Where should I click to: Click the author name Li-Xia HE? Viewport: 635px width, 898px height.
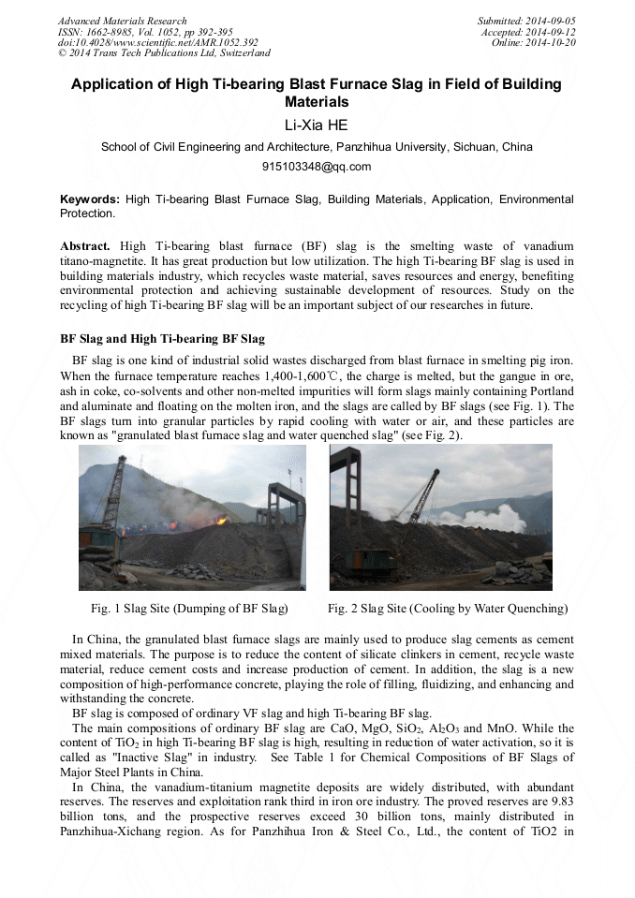coord(317,124)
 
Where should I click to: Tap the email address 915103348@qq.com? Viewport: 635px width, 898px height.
coord(317,167)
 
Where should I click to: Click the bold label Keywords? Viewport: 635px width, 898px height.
coord(90,199)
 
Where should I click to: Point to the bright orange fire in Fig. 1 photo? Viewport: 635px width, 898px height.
coord(221,518)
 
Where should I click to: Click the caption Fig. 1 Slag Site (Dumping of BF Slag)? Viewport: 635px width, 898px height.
coord(188,609)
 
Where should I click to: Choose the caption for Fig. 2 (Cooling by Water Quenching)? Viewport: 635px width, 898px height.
coord(448,609)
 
